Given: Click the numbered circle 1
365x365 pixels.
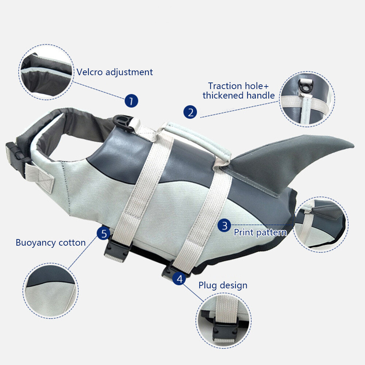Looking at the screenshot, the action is (131, 101).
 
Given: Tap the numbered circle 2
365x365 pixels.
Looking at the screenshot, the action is (190, 112).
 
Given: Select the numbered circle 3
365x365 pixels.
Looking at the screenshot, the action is (224, 225).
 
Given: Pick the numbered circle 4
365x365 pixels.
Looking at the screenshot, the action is (179, 278).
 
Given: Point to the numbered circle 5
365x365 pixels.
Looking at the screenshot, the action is (104, 233).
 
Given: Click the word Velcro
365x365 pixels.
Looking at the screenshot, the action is (90, 72).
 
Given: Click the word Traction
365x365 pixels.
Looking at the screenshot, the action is (225, 86).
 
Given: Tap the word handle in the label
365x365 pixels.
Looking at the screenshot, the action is (261, 95).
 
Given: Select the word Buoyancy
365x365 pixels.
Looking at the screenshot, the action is (36, 243).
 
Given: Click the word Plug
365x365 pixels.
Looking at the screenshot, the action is (208, 286).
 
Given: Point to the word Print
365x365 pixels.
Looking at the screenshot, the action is (243, 232).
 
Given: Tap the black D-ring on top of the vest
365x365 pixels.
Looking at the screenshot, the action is (123, 123).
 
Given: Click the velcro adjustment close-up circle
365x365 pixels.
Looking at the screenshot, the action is (46, 72).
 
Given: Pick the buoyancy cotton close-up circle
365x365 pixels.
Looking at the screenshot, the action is (50, 291).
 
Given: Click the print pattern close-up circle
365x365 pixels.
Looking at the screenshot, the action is (321, 224).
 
